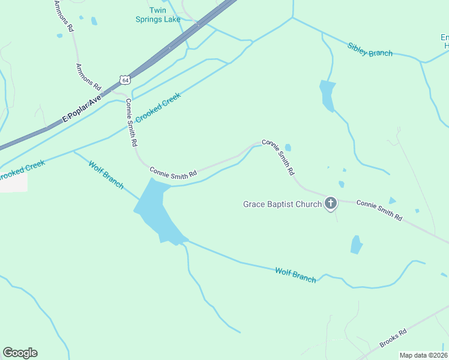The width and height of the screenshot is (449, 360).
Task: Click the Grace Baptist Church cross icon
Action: (330, 204)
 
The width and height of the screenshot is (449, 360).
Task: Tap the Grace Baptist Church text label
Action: (282, 204)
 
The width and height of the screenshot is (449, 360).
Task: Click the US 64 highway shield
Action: (124, 79)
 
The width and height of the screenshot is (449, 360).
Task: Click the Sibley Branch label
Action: (370, 49)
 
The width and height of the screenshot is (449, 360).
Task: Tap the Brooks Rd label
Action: (393, 338)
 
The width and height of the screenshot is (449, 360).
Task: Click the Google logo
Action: (20, 352)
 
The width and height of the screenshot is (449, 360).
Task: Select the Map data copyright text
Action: (423, 355)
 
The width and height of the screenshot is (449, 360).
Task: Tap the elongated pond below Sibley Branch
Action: (327, 95)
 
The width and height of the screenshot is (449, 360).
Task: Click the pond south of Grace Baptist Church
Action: (357, 244)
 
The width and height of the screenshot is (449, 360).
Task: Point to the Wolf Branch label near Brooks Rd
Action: (295, 275)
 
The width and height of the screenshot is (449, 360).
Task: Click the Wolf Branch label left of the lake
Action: (106, 174)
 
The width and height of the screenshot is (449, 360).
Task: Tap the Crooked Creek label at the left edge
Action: (22, 169)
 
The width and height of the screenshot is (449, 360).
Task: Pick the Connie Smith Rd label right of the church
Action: (379, 211)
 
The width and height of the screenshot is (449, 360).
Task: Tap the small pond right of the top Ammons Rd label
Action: (94, 21)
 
